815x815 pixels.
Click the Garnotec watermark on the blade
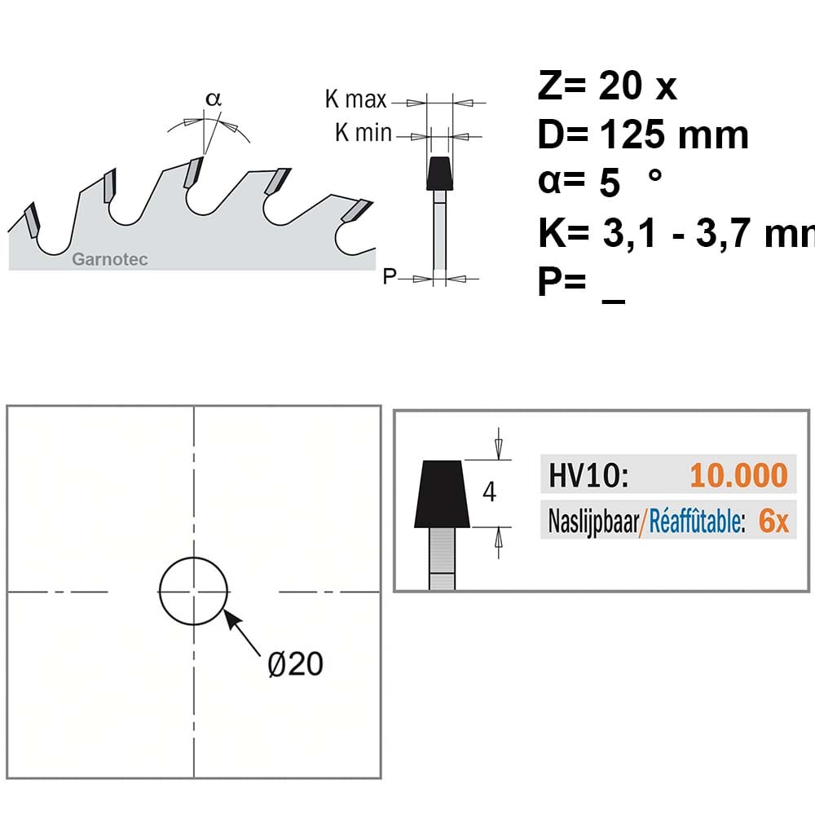click(x=110, y=259)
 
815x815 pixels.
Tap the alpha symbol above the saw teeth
click(x=213, y=99)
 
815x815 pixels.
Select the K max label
click(x=356, y=99)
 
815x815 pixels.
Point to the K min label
click(x=363, y=133)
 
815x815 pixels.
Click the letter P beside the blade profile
click(x=390, y=276)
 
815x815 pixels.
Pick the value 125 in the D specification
click(x=633, y=134)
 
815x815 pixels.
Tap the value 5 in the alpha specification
click(x=609, y=183)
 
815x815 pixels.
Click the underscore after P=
click(x=614, y=302)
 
